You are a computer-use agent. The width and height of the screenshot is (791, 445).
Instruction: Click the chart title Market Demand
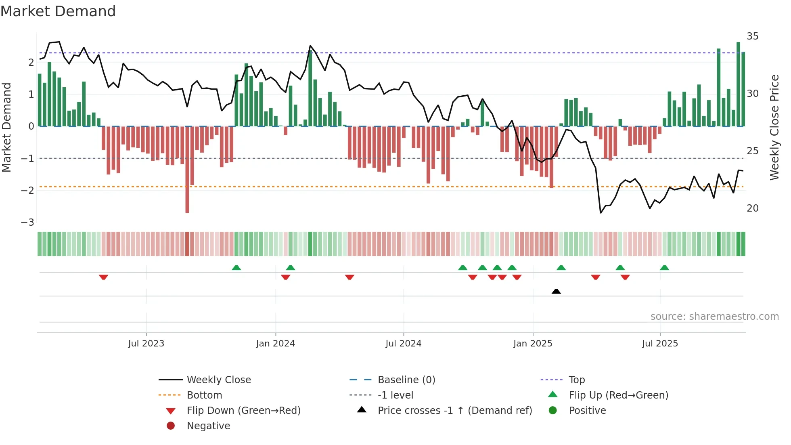click(58, 11)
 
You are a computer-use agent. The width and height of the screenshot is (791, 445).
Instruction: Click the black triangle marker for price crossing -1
click(556, 291)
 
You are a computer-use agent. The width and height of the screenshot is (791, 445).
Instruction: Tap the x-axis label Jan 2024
click(275, 344)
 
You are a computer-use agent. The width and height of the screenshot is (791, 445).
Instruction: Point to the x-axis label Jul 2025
click(660, 344)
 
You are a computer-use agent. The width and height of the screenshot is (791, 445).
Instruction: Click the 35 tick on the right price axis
click(752, 36)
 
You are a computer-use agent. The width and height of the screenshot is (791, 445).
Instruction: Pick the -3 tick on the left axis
click(27, 222)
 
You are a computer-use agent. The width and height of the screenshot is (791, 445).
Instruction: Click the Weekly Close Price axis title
click(774, 127)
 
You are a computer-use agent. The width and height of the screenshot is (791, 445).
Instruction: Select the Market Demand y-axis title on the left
click(6, 127)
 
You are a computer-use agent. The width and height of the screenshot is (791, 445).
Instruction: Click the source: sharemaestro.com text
click(714, 317)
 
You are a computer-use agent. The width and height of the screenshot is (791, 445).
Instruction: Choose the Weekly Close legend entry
click(218, 380)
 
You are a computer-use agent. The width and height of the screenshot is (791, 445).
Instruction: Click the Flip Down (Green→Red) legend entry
click(243, 411)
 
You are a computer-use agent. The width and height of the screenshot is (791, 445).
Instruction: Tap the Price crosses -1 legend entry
click(454, 411)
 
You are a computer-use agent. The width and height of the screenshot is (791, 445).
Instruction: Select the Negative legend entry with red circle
click(208, 426)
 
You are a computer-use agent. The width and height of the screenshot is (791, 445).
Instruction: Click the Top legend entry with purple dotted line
click(576, 380)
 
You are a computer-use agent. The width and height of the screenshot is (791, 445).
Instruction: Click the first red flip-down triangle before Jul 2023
click(103, 277)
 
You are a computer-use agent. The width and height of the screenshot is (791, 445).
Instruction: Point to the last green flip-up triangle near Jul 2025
click(664, 268)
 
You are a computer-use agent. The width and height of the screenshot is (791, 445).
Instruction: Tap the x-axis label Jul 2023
click(146, 344)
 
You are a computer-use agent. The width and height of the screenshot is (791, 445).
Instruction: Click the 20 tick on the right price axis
click(752, 208)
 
